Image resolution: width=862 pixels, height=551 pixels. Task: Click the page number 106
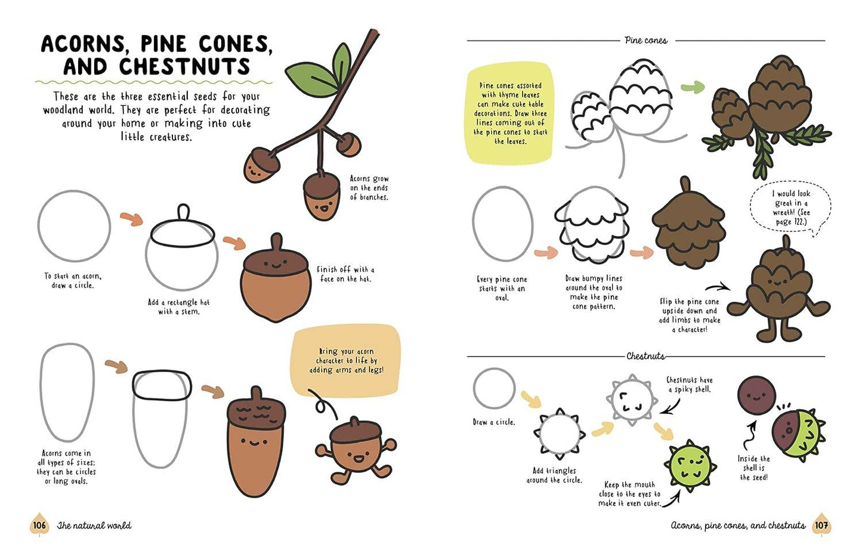[39, 525]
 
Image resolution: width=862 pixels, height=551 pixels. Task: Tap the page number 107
[821, 525]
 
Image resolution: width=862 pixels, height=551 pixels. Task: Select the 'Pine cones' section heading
[646, 41]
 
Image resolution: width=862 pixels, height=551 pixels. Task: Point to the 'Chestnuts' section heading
[645, 356]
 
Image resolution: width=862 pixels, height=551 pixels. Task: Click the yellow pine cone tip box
[510, 113]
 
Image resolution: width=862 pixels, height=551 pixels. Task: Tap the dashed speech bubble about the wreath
[790, 208]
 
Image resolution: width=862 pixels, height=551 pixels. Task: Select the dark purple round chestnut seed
[756, 394]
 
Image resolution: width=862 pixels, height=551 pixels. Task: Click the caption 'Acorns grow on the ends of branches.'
[369, 188]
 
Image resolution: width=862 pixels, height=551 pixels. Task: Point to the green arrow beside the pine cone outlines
[692, 88]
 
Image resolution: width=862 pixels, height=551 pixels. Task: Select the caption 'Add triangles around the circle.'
[554, 475]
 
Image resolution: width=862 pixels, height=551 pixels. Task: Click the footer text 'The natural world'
[94, 525]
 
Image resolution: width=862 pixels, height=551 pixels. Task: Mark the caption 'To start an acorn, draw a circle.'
[73, 280]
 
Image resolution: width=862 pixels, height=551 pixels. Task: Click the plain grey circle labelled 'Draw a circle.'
[494, 388]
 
